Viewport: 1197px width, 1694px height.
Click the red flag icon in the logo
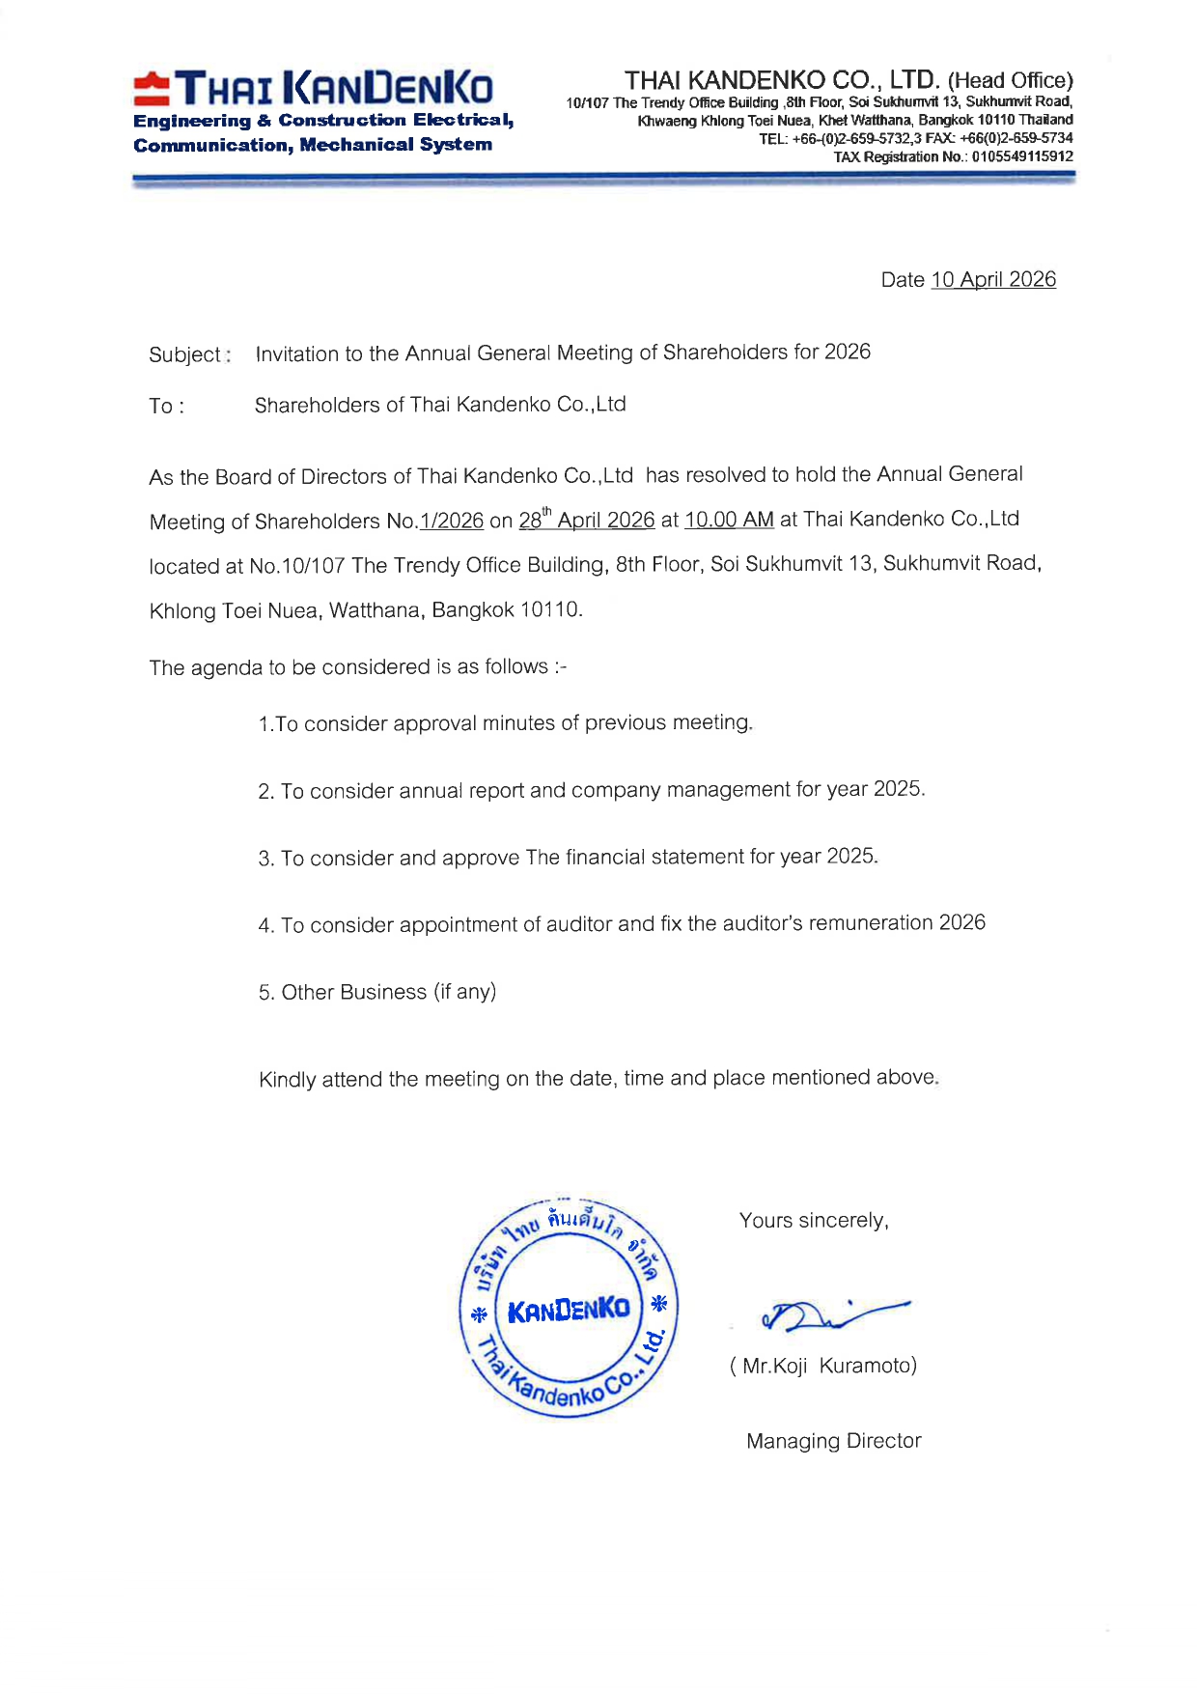[x=152, y=89]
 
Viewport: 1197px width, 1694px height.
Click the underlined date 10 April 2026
[x=992, y=279]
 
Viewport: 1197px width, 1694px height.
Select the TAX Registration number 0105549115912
[x=1022, y=156]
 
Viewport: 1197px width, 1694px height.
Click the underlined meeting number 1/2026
[x=452, y=521]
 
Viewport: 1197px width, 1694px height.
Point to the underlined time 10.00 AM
[x=729, y=520]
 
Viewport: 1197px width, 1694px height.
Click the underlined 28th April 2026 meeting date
[x=586, y=520]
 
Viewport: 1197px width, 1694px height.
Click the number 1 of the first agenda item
[x=264, y=724]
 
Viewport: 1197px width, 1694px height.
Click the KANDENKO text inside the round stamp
[x=569, y=1311]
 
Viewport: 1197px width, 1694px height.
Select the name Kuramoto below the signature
[x=867, y=1366]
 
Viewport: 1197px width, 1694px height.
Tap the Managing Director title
[x=833, y=1441]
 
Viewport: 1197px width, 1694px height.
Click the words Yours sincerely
[x=813, y=1221]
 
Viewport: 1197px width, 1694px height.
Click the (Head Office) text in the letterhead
[x=1010, y=80]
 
